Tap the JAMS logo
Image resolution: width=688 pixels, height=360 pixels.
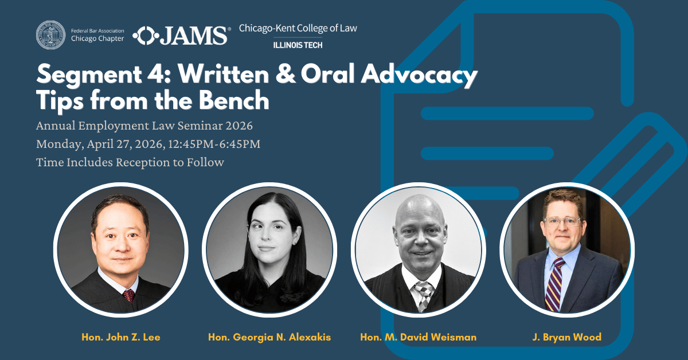click(x=181, y=36)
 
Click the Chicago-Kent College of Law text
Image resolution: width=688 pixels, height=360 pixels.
click(x=298, y=28)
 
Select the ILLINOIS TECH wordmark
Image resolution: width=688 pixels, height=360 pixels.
click(x=298, y=45)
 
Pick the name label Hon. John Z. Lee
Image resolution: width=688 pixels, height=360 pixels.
click(x=120, y=337)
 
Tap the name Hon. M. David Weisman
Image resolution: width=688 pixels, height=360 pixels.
click(x=418, y=337)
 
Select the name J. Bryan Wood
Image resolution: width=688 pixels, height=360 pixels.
click(x=566, y=337)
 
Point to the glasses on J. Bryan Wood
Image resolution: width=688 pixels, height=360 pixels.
click(x=563, y=221)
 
